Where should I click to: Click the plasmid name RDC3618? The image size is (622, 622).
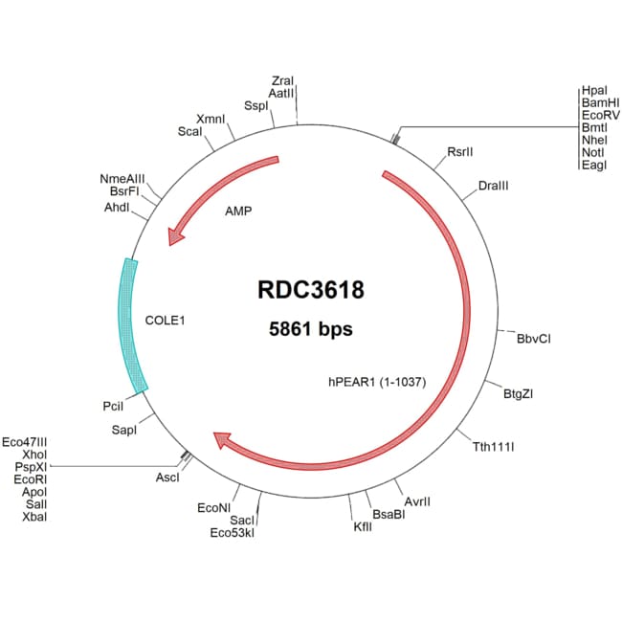pyautogui.click(x=310, y=290)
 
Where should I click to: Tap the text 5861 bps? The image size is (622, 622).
pyautogui.click(x=310, y=329)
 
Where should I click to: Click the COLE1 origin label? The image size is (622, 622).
pyautogui.click(x=165, y=321)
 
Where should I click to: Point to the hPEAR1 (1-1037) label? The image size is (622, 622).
pyautogui.click(x=376, y=382)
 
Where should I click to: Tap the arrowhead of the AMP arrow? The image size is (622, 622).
pyautogui.click(x=175, y=236)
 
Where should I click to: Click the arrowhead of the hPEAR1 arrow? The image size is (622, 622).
pyautogui.click(x=222, y=440)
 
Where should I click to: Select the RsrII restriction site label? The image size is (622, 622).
pyautogui.click(x=460, y=152)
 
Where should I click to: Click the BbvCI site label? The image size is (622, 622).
pyautogui.click(x=534, y=339)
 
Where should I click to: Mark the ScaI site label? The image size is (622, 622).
pyautogui.click(x=189, y=131)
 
